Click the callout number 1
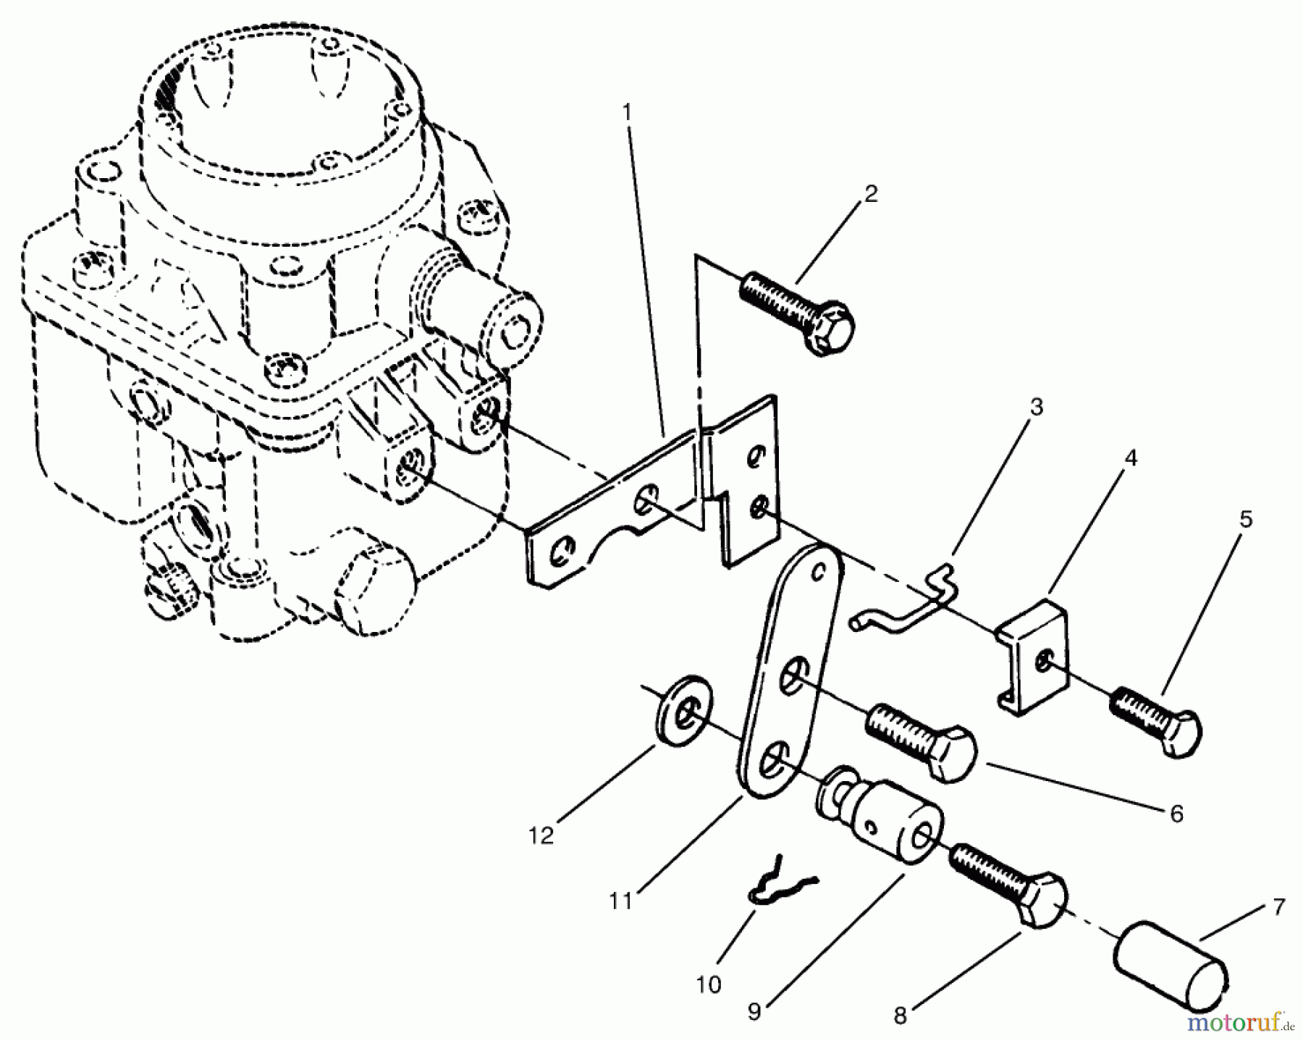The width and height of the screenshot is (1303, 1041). click(627, 112)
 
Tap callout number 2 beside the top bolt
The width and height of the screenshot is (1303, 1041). click(870, 193)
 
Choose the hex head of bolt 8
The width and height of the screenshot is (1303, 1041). click(1042, 902)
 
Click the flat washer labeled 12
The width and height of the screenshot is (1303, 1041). click(684, 712)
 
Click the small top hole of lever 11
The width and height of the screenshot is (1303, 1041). click(819, 572)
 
